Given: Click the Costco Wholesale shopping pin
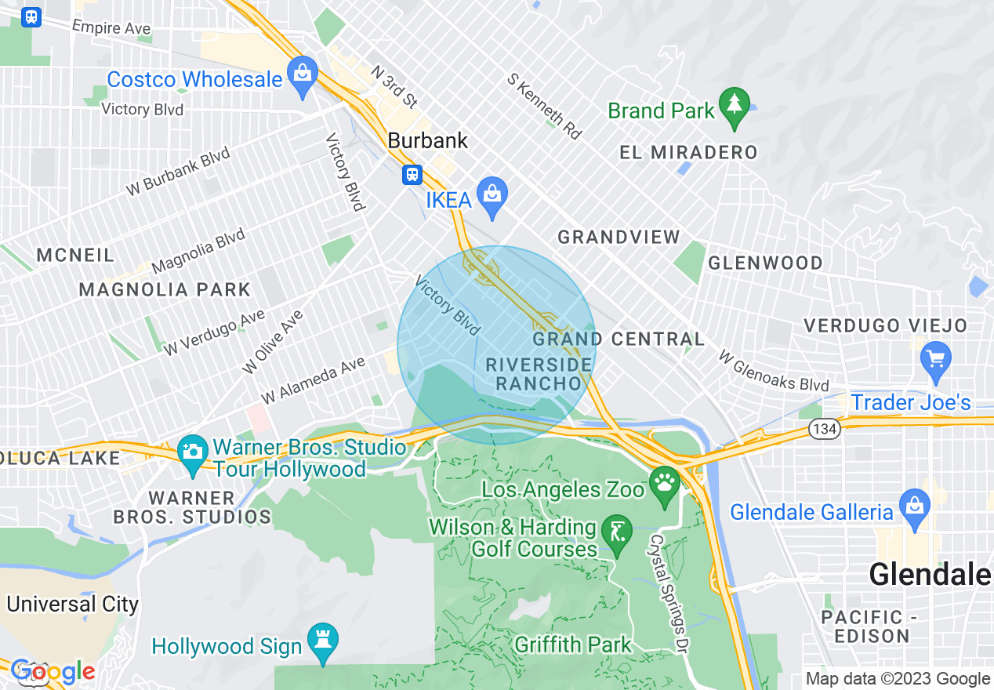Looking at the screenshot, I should tap(301, 75).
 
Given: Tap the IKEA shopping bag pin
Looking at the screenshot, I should tap(492, 196).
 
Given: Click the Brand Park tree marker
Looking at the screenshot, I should tap(734, 106).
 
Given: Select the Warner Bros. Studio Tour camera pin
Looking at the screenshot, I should tap(192, 454).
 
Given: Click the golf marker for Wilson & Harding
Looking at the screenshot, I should tap(615, 533).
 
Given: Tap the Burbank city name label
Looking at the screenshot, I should tap(428, 141).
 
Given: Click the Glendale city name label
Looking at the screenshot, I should tap(930, 575).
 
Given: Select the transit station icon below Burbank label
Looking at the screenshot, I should tap(412, 174).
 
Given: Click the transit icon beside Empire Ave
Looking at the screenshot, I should tap(31, 16).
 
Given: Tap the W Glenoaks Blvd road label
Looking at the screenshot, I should tap(773, 371).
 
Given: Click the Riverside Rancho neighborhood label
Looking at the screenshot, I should tap(539, 374).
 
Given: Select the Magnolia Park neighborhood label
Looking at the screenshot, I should tap(165, 289).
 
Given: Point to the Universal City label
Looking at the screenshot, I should tap(72, 604).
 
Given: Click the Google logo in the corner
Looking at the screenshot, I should tap(53, 671).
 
